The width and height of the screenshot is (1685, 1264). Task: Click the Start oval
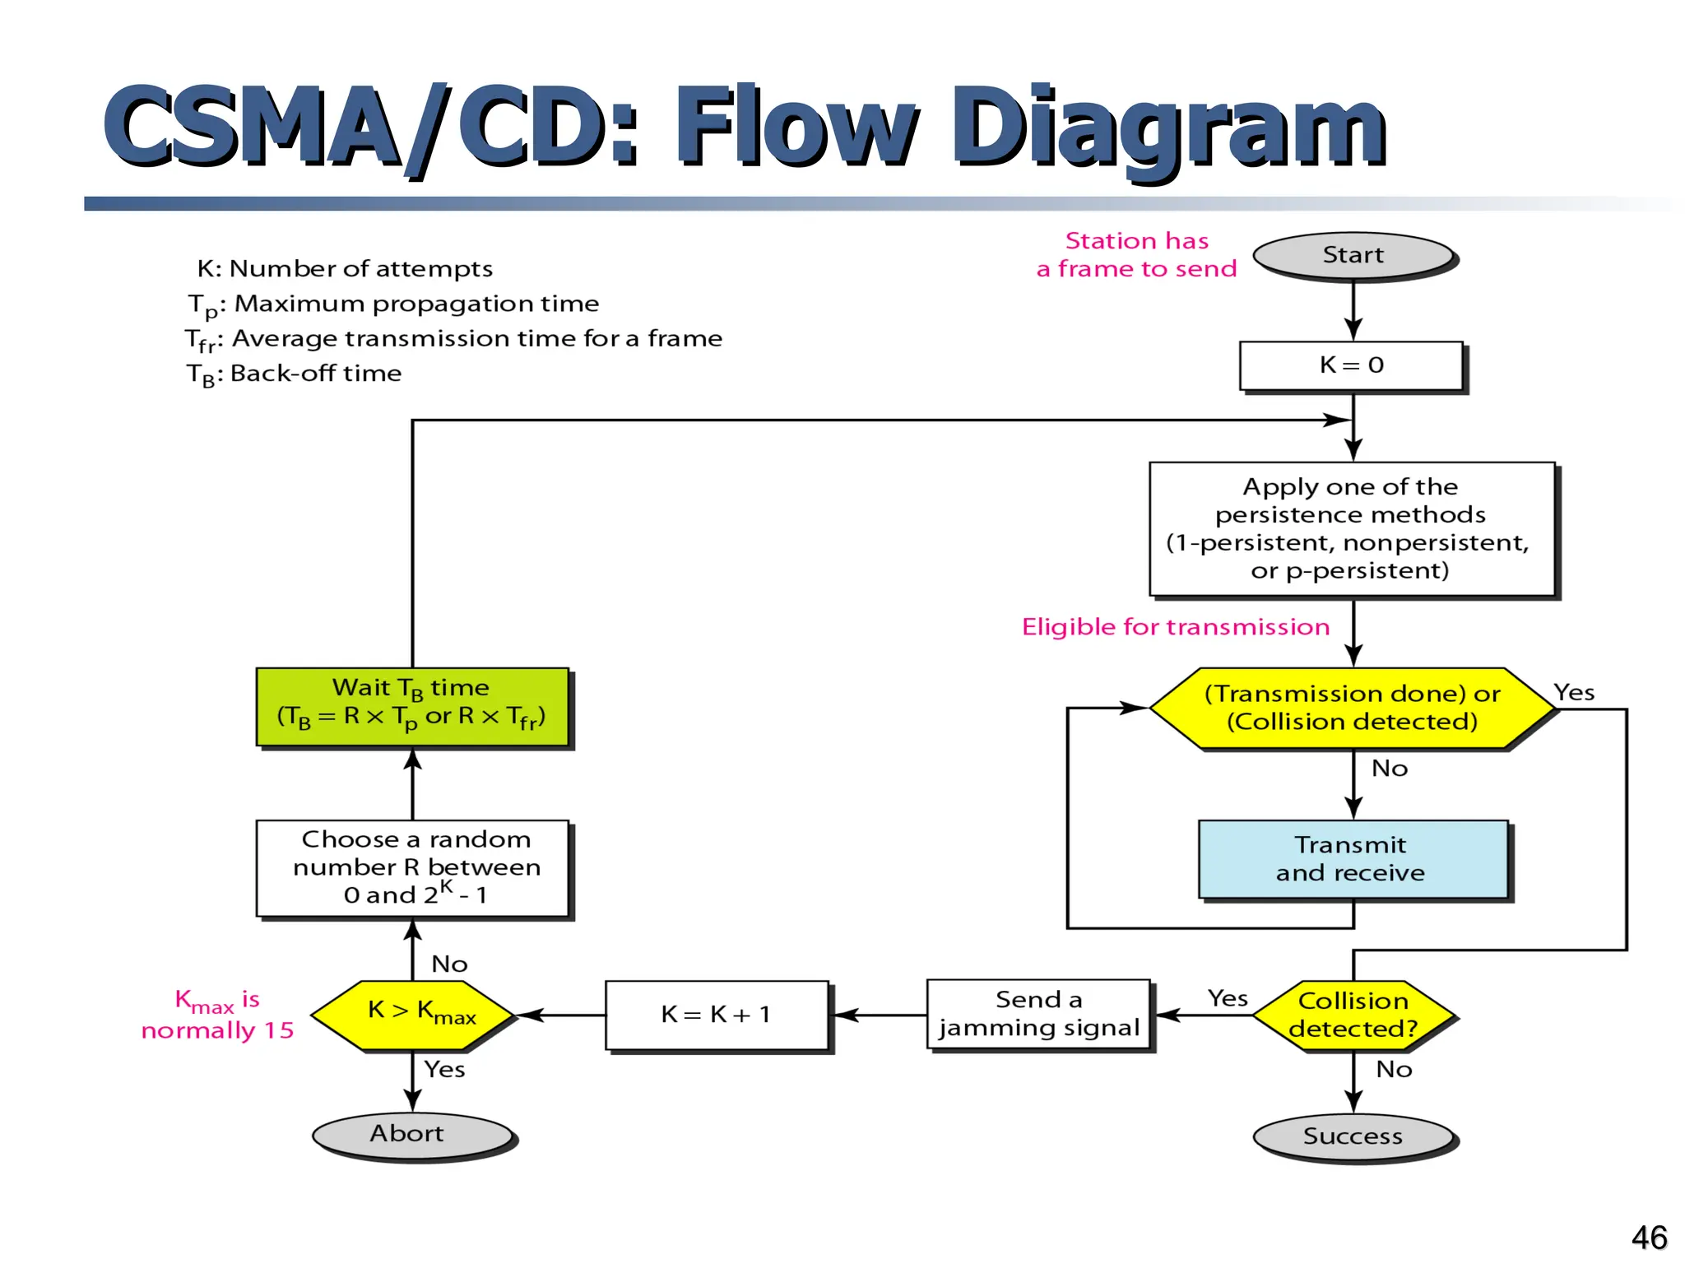pyautogui.click(x=1353, y=255)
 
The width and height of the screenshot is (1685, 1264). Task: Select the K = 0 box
pyautogui.click(x=1351, y=365)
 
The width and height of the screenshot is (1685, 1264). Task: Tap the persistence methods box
pyautogui.click(x=1351, y=529)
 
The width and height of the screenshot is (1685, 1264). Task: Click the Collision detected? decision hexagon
pyautogui.click(x=1353, y=1015)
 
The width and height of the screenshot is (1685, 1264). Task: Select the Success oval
pyautogui.click(x=1353, y=1136)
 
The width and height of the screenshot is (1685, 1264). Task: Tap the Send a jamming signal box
pyautogui.click(x=1038, y=1014)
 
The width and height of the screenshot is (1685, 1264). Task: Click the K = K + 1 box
pyautogui.click(x=716, y=1015)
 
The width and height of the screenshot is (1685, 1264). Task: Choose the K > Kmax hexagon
pyautogui.click(x=412, y=1014)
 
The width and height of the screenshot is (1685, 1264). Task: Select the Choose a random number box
pyautogui.click(x=412, y=867)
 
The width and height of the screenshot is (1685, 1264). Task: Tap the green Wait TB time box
pyautogui.click(x=412, y=706)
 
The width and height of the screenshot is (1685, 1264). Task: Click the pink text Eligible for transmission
pyautogui.click(x=1175, y=627)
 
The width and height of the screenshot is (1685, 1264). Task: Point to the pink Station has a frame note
pyautogui.click(x=1136, y=254)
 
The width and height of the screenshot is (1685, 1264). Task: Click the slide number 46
pyautogui.click(x=1648, y=1237)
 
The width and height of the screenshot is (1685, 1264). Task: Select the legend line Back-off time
pyautogui.click(x=295, y=374)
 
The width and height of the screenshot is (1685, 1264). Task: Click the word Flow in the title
pyautogui.click(x=795, y=128)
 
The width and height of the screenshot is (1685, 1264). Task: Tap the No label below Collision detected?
pyautogui.click(x=1394, y=1069)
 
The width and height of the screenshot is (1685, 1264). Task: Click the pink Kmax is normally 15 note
pyautogui.click(x=217, y=1015)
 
